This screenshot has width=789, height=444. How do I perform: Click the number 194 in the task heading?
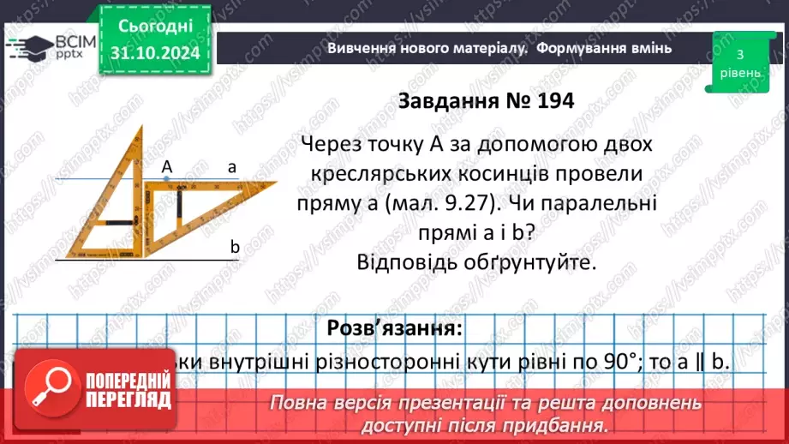point(547,100)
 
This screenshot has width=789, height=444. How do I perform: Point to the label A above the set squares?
point(167,168)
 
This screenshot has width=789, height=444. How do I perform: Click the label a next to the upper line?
point(231,168)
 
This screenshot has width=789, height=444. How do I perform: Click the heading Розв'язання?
point(394,328)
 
